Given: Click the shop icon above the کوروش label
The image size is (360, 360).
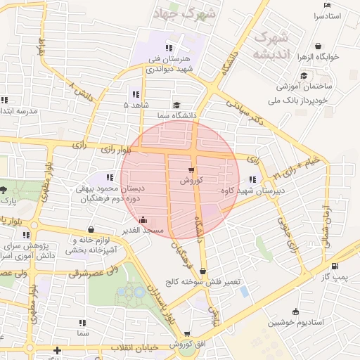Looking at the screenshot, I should coord(192,170).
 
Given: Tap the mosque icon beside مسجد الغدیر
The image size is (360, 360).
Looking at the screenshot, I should coord(144,219).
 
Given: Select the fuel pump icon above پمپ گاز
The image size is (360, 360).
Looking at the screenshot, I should coord(334,266).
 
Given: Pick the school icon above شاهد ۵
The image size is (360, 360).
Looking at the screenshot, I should coord(134,94).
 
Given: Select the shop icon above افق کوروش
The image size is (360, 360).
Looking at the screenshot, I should coord(186,334).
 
